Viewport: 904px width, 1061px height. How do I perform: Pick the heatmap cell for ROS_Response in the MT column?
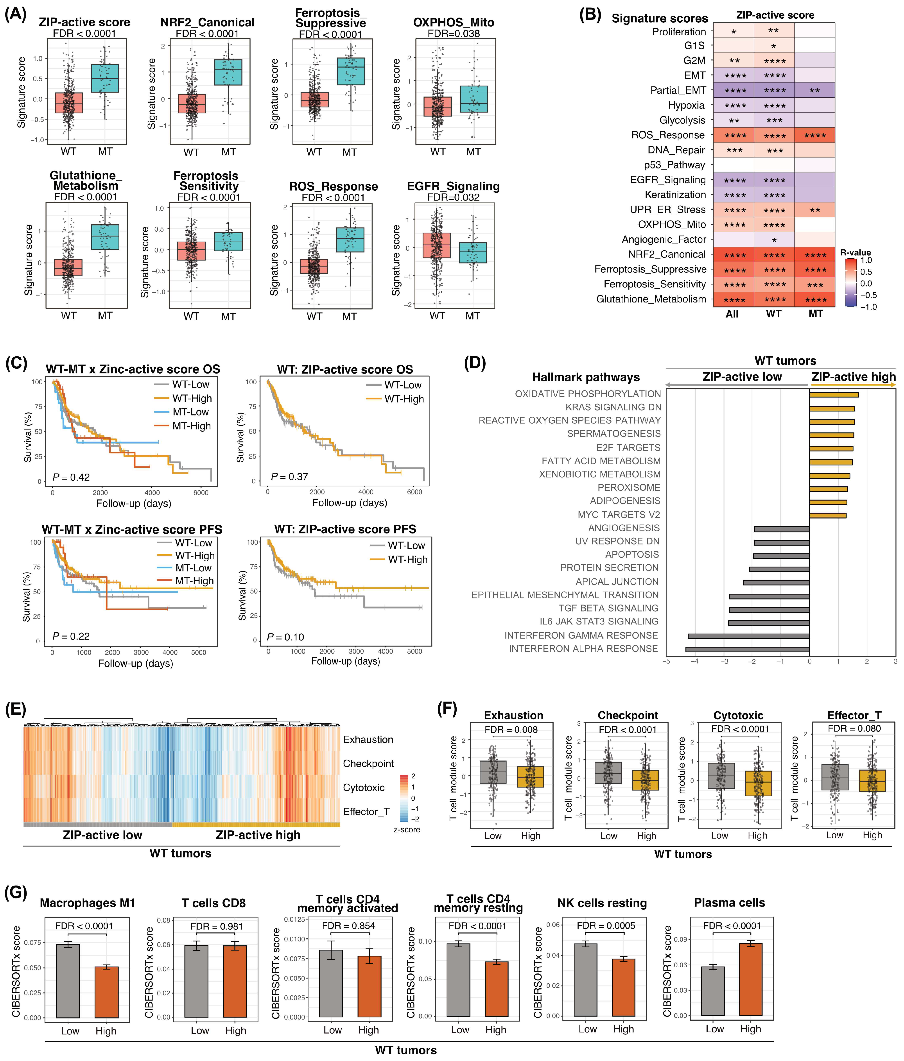[814, 135]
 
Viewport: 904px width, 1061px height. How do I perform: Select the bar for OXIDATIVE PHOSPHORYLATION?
[834, 394]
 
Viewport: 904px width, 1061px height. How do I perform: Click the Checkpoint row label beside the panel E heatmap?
[368, 764]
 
